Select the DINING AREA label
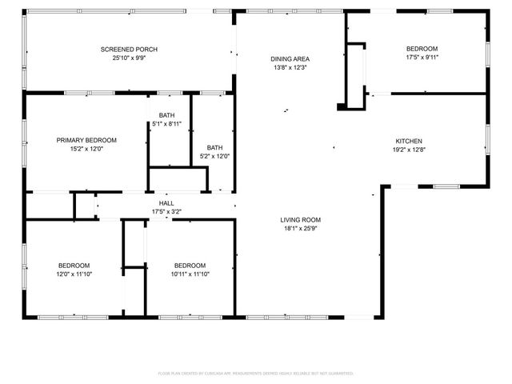[x=290, y=59]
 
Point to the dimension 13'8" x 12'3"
[x=290, y=68]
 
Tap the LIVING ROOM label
[x=300, y=219]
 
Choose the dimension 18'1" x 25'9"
[x=300, y=228]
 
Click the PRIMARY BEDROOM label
[x=86, y=139]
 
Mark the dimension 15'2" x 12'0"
[x=86, y=148]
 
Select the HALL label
[x=166, y=203]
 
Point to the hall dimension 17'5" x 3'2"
[x=166, y=212]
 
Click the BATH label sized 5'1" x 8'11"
[x=166, y=115]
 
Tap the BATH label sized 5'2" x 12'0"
[x=214, y=147]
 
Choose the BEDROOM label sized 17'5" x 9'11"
[x=422, y=48]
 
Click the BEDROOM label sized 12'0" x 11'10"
[x=74, y=266]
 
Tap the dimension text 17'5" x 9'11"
[x=422, y=57]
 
